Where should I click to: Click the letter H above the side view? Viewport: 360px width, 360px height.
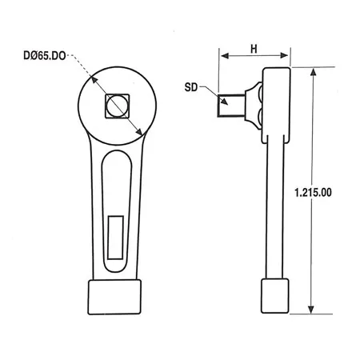(254, 49)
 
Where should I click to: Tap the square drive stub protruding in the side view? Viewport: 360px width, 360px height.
(230, 105)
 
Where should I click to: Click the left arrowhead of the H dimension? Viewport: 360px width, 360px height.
(223, 58)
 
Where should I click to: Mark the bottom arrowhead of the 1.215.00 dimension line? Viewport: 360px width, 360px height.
(310, 313)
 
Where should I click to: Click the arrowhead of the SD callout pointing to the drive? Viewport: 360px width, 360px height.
(214, 95)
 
